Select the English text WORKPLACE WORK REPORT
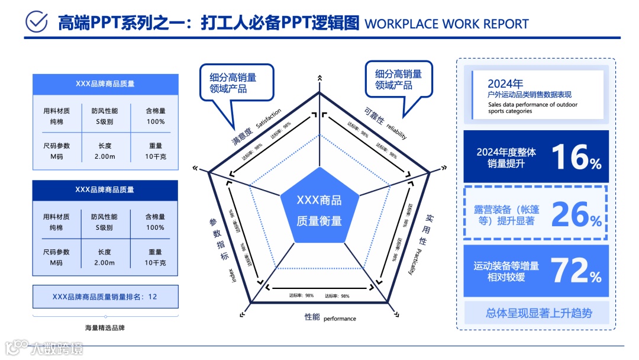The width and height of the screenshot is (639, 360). pyautogui.click(x=447, y=24)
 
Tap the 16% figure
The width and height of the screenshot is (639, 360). pyautogui.click(x=576, y=157)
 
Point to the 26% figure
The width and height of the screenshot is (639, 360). pyautogui.click(x=576, y=214)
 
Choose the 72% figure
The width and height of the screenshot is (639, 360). pyautogui.click(x=576, y=271)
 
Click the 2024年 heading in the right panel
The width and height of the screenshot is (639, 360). pyautogui.click(x=505, y=84)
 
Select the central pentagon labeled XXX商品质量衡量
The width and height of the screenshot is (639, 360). pyautogui.click(x=319, y=210)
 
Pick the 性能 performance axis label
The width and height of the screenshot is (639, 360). pyautogui.click(x=330, y=318)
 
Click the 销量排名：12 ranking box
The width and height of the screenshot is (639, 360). pyautogui.click(x=105, y=297)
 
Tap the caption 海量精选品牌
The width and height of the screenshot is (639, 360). pyautogui.click(x=105, y=327)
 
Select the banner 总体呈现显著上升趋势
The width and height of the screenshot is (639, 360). pyautogui.click(x=538, y=313)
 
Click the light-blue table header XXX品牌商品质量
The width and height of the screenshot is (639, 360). pyautogui.click(x=105, y=83)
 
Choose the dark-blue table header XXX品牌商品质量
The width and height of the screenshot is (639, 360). pyautogui.click(x=105, y=189)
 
